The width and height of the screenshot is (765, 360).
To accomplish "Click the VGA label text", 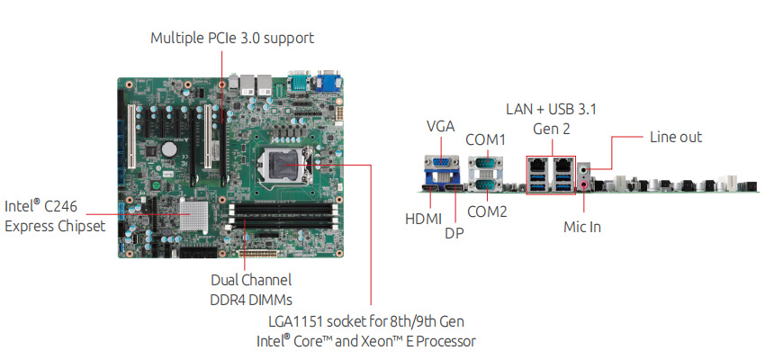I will coord(441,126).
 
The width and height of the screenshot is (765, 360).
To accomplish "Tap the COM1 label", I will coord(486,139).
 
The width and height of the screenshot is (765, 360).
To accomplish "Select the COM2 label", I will coord(488,212).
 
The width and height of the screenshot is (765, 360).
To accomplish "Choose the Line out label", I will coord(676,137).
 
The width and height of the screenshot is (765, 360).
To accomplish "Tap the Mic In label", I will coord(582,227).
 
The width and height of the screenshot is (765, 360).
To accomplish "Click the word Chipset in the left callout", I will coord(78,225).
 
